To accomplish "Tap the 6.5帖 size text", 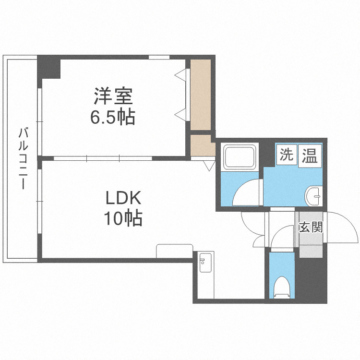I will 112,117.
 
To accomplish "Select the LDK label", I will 122,198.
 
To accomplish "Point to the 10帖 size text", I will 122,218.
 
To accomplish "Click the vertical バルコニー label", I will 22,158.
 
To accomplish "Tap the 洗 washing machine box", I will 286,155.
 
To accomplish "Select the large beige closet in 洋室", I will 201,93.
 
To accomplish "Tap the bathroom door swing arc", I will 247,192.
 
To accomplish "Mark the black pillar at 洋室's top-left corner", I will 49,67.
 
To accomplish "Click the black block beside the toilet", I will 311,281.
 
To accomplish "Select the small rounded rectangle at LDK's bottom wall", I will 174,251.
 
